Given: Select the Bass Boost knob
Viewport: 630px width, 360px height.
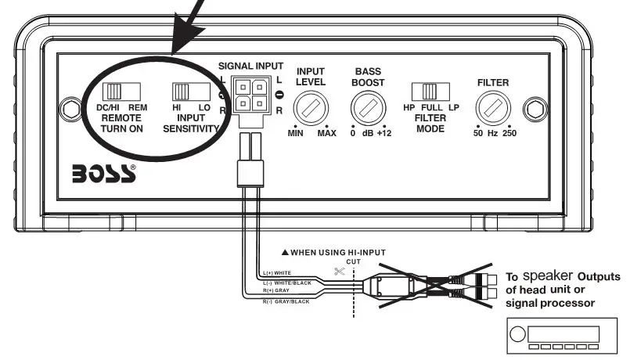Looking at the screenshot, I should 367,105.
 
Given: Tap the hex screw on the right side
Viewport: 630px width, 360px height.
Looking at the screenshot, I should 536,106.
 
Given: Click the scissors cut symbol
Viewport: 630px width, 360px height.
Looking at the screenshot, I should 339,272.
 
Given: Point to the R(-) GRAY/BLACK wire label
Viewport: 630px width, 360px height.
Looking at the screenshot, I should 286,302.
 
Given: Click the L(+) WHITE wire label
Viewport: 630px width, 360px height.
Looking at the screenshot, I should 279,273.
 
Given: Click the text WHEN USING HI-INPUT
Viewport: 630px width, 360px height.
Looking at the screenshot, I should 340,253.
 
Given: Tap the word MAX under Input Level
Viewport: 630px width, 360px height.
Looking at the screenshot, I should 326,134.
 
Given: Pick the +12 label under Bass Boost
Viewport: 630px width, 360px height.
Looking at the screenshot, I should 383,134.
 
